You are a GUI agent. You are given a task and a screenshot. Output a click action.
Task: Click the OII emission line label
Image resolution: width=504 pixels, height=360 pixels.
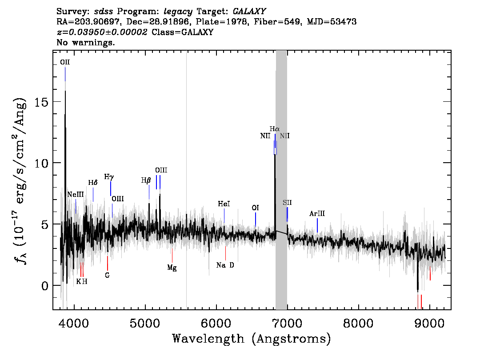(65, 62)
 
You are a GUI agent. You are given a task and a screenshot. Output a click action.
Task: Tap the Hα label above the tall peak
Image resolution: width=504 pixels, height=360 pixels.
(275, 129)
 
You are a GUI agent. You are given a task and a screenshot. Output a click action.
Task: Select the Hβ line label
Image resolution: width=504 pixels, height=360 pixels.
(146, 180)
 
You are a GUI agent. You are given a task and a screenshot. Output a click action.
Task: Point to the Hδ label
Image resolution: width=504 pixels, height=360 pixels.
(93, 183)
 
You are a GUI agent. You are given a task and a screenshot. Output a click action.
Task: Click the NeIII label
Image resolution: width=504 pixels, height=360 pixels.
(76, 195)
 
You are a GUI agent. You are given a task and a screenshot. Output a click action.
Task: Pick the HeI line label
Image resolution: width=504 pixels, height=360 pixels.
(224, 204)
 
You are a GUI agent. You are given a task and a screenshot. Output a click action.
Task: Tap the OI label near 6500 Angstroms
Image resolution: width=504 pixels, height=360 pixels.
(255, 208)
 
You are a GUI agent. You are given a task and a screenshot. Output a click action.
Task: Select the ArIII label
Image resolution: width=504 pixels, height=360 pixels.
(317, 214)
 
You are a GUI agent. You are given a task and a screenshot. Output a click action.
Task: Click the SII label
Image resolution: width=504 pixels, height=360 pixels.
(288, 203)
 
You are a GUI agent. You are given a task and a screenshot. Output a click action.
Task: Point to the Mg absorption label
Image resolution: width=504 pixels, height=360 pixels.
(172, 268)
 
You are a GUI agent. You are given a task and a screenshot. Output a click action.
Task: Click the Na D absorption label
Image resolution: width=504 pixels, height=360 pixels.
(225, 265)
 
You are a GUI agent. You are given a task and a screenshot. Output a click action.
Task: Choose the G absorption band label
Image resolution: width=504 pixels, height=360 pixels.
(108, 276)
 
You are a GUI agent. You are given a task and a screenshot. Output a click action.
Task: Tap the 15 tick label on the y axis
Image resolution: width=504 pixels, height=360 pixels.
(41, 102)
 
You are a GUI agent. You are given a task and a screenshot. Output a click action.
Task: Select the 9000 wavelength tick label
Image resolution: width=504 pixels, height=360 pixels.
(429, 324)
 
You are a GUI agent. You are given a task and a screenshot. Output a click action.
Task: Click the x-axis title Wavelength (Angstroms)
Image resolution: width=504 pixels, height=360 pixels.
(252, 339)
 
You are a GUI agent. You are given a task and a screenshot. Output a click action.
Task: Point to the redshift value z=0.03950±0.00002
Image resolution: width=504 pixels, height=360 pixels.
(102, 32)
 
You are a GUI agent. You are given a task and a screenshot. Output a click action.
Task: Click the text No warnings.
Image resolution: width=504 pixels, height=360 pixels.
(85, 42)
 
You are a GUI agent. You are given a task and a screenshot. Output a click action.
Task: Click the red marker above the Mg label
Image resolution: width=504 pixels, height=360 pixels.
(172, 256)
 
